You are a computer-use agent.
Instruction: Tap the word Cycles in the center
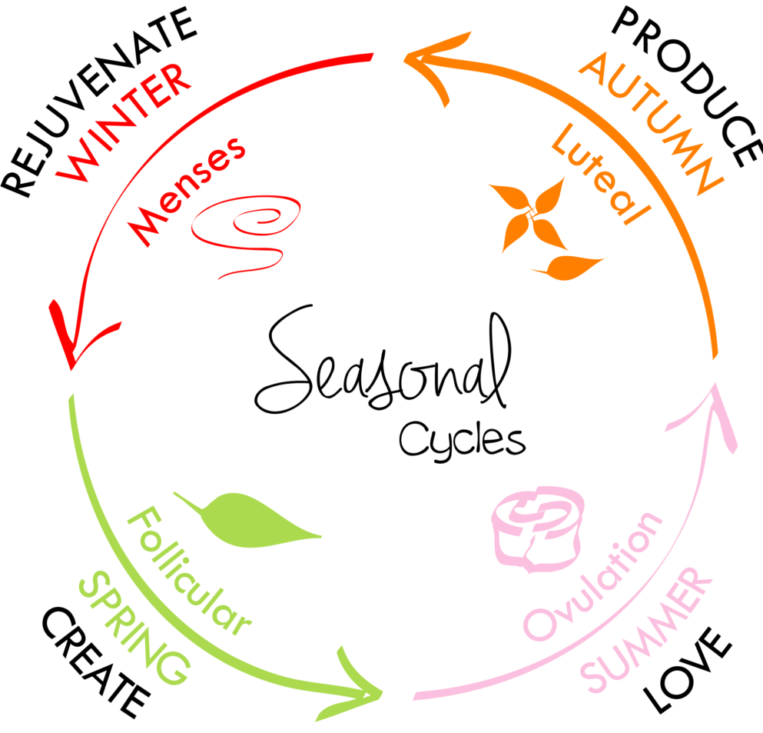462,439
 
